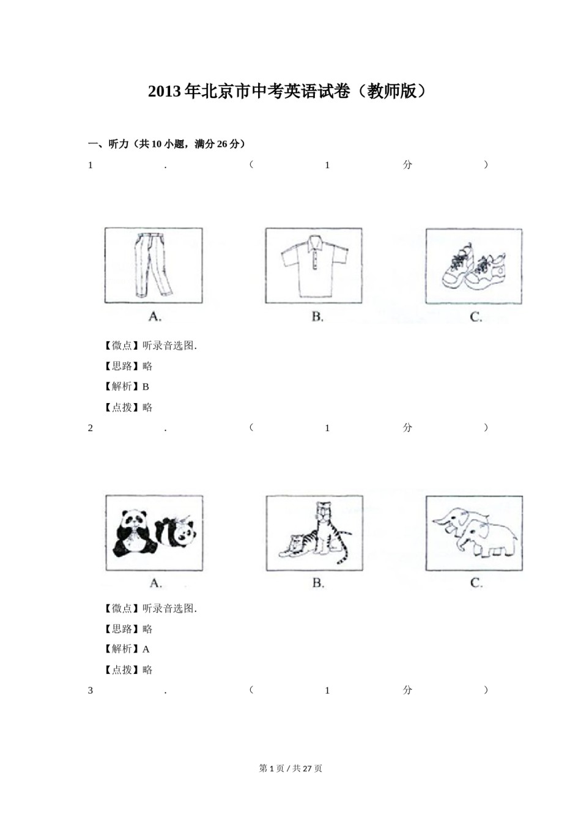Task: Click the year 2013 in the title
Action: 165,92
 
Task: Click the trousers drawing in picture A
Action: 153,265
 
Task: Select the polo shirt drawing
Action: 314,265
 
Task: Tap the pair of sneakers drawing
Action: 474,266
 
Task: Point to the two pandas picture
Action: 154,533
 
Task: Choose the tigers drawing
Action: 314,533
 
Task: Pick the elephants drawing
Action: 474,533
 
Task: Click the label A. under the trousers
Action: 155,316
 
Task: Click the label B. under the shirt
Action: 317,316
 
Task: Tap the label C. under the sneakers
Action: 476,316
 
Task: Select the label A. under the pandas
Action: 155,583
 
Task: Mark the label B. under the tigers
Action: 318,583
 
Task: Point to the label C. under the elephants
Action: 476,583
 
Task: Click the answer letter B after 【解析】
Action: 146,387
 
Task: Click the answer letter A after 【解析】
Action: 146,649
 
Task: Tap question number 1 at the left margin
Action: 91,165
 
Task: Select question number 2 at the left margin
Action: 91,428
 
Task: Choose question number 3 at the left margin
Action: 91,691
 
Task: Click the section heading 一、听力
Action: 108,144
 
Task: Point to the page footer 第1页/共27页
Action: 290,768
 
